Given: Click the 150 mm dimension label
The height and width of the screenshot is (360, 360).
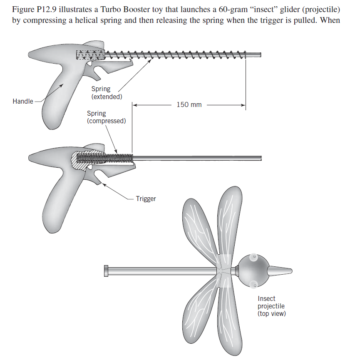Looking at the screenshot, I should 189,104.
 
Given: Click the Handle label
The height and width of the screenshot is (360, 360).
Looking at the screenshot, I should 22,101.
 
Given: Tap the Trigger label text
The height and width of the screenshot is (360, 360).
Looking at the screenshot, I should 146,199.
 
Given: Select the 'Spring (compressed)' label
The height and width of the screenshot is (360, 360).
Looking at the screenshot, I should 106,117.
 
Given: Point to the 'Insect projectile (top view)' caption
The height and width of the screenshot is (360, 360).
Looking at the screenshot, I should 271,306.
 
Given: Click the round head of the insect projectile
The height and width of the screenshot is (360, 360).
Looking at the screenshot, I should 253,271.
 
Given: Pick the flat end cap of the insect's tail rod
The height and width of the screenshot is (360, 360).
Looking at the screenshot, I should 107,271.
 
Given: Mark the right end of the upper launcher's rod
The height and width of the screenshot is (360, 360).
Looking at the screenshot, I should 260,55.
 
